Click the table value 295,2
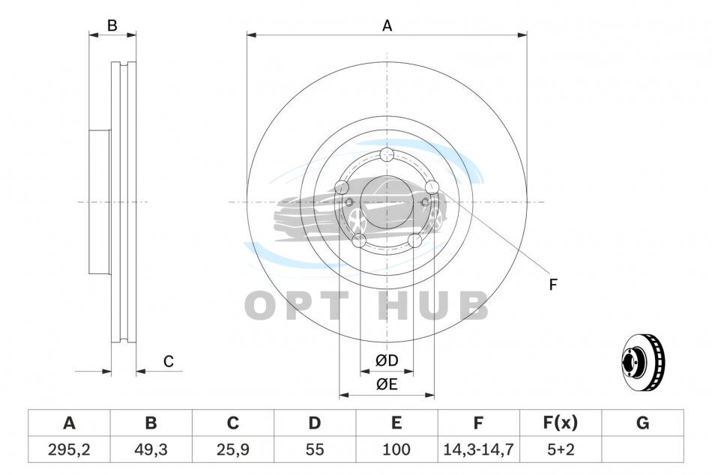[x=69, y=450]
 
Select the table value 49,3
[x=151, y=450]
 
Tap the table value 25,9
[x=233, y=450]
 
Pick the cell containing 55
[x=315, y=450]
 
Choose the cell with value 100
[x=396, y=450]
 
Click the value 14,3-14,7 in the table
[x=478, y=450]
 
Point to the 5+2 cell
[x=561, y=450]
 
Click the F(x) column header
[x=561, y=423]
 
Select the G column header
[x=642, y=423]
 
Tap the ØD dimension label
[x=387, y=360]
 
